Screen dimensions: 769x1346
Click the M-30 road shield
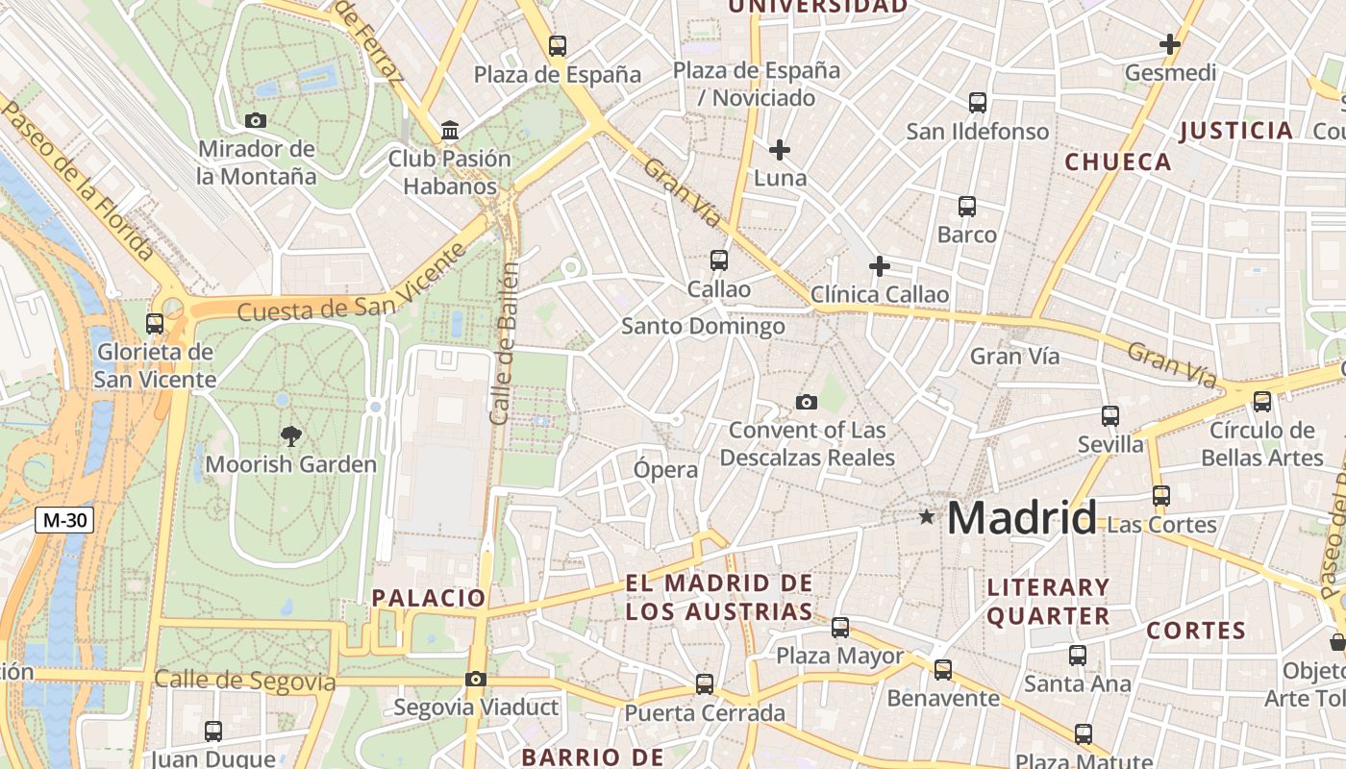point(64,520)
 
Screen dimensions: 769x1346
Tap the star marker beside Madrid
point(927,517)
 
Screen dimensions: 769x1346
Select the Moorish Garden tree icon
point(290,436)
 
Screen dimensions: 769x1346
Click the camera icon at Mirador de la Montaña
point(256,120)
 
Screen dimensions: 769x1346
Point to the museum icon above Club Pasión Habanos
point(449,129)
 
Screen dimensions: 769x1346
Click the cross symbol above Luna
point(780,150)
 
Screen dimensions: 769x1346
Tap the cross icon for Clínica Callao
point(879,266)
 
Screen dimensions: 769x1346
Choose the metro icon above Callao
point(718,260)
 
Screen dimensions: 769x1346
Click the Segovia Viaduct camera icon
point(475,679)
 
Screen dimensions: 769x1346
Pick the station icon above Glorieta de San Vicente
point(154,323)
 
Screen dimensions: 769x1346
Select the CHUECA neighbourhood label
point(1118,162)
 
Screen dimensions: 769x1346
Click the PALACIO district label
point(429,598)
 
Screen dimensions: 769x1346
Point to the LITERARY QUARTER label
point(1048,602)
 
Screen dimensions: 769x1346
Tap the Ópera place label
point(665,470)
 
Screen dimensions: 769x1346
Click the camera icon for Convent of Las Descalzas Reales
point(807,402)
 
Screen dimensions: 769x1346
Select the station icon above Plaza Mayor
point(840,627)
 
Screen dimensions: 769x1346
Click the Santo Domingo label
point(703,327)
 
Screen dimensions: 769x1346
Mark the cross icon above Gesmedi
point(1170,44)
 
